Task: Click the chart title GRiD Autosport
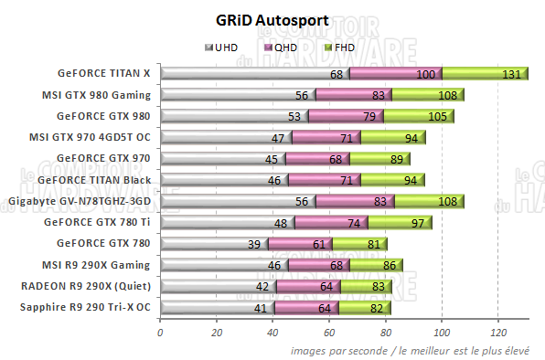(272, 20)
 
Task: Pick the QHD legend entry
(283, 47)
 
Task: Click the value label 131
(514, 74)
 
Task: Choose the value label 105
(437, 116)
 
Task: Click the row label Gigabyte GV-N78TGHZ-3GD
(80, 201)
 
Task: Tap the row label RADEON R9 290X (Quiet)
(89, 286)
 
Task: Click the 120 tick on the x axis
(498, 332)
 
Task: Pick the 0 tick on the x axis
(160, 332)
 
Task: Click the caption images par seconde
(341, 350)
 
